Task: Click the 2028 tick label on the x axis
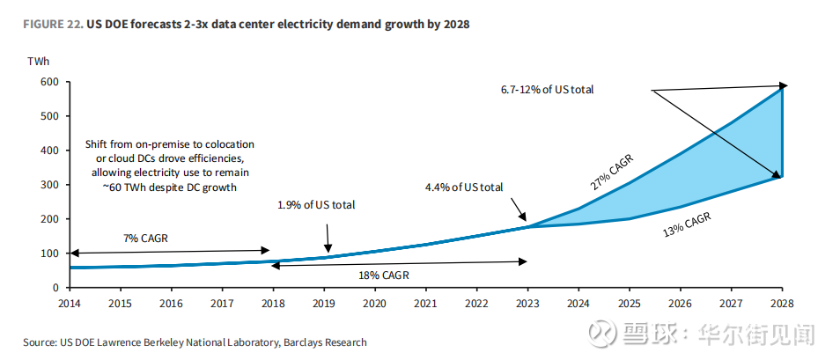781,304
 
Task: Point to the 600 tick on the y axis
49,82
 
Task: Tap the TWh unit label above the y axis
39,61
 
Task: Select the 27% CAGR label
611,173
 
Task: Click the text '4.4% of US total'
464,187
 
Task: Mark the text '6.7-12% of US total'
546,90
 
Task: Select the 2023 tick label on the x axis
527,304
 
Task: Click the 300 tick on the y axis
49,185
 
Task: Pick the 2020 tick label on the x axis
373,304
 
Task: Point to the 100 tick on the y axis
49,253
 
